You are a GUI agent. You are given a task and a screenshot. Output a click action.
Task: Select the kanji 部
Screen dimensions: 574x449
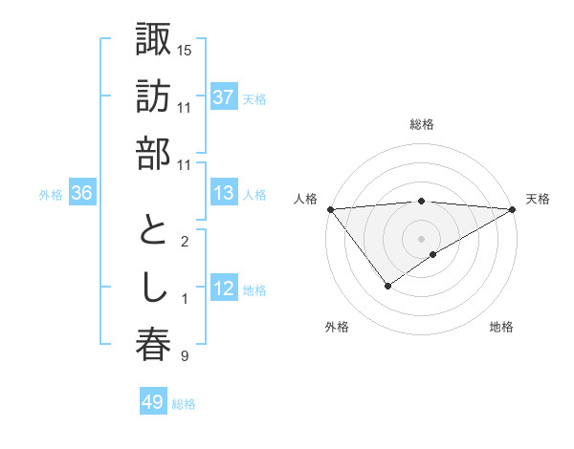pyautogui.click(x=153, y=153)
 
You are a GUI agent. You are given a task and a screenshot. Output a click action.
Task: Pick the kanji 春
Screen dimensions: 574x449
pyautogui.click(x=153, y=345)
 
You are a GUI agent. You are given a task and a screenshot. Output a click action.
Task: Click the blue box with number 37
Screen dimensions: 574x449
pyautogui.click(x=224, y=97)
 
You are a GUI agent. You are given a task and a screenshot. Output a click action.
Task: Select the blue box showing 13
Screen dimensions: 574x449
pyautogui.click(x=224, y=194)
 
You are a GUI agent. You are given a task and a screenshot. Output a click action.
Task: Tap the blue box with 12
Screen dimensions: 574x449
pyautogui.click(x=224, y=289)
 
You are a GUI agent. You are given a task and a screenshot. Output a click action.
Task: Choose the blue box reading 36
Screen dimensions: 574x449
pyautogui.click(x=81, y=194)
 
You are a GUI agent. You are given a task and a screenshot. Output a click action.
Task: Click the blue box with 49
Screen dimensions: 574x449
pyautogui.click(x=153, y=403)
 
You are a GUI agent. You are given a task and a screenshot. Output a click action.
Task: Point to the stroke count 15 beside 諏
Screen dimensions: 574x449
pyautogui.click(x=185, y=50)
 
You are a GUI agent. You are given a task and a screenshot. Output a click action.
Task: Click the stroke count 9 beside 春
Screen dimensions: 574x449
pyautogui.click(x=184, y=356)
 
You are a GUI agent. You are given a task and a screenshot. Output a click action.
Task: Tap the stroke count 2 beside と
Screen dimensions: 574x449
pyautogui.click(x=184, y=242)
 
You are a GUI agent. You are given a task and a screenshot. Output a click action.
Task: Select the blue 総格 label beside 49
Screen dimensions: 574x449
pyautogui.click(x=185, y=404)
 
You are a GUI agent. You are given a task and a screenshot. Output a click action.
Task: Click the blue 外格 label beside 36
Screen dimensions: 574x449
pyautogui.click(x=51, y=195)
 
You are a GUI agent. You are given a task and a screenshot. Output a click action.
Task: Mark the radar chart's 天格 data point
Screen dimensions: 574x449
pyautogui.click(x=514, y=209)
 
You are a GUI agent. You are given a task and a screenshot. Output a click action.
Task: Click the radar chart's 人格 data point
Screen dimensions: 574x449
pyautogui.click(x=330, y=209)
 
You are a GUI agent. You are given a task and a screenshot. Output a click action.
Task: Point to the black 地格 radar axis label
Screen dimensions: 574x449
pyautogui.click(x=501, y=327)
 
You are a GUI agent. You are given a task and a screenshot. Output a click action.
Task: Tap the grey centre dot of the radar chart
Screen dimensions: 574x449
pyautogui.click(x=421, y=237)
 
